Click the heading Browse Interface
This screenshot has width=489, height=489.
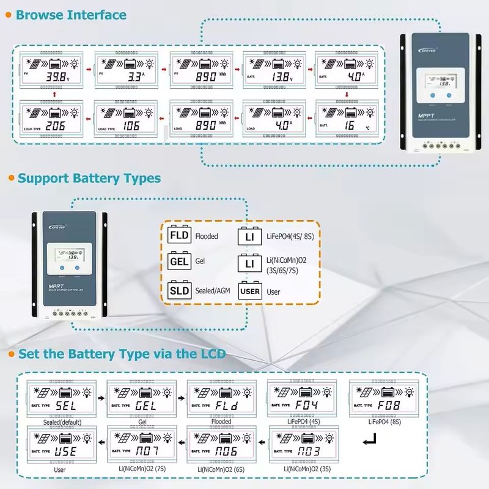click(72, 15)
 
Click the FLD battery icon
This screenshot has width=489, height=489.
click(179, 235)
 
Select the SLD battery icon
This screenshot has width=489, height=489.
click(179, 290)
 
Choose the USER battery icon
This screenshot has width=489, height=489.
click(251, 292)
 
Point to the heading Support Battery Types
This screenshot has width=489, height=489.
click(89, 178)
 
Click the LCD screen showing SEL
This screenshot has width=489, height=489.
click(62, 400)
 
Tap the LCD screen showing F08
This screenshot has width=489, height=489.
click(384, 400)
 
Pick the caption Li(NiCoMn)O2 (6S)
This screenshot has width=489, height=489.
click(222, 469)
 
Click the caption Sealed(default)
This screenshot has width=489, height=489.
click(62, 422)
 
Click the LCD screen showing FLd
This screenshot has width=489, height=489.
click(222, 400)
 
